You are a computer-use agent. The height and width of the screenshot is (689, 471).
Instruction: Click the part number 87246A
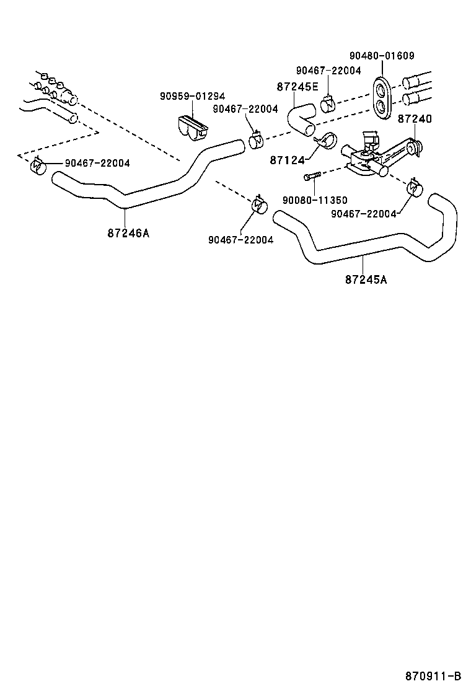(x=128, y=234)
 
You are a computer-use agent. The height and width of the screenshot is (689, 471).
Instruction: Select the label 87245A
(x=366, y=279)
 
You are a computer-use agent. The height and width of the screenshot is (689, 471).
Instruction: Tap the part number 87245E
(x=297, y=87)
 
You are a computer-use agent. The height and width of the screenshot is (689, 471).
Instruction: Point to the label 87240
(x=415, y=118)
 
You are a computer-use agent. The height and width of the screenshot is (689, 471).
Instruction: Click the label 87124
(x=287, y=160)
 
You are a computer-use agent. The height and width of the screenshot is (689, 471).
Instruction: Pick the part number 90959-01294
(x=192, y=96)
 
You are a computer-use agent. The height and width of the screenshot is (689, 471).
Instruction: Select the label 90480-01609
(x=381, y=55)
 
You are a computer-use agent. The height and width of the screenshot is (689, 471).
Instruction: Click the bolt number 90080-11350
(x=314, y=200)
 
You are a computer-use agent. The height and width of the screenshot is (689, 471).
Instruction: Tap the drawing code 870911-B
(x=434, y=675)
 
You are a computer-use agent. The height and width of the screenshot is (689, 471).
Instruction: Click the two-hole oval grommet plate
(x=381, y=97)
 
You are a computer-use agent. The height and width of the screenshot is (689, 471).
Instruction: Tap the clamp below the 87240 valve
(x=413, y=188)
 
